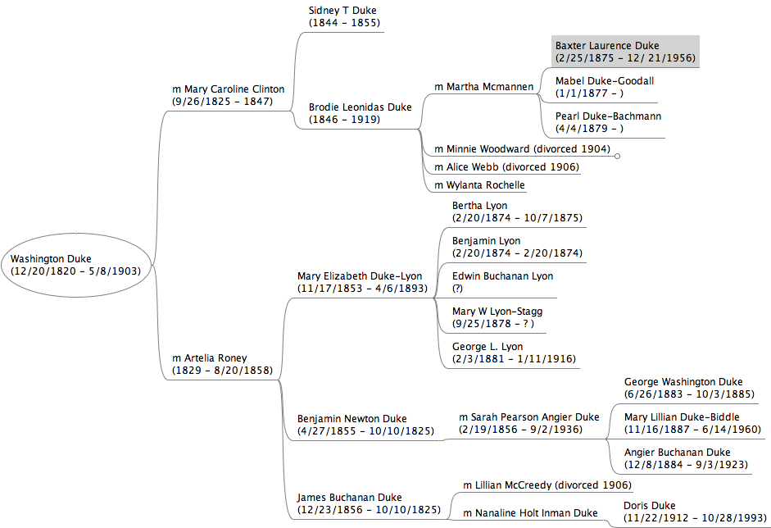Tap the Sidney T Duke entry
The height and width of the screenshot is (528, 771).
344,16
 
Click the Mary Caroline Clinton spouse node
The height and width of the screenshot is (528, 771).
228,95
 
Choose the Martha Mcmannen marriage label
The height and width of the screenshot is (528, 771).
483,86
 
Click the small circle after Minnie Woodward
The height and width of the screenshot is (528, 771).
617,155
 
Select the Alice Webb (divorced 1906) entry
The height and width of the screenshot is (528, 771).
506,167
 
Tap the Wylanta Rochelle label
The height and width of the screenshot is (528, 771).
479,185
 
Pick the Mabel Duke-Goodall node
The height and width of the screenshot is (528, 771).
605,87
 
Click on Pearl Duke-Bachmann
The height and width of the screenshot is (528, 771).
608,122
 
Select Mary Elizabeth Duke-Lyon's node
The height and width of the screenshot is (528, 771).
359,282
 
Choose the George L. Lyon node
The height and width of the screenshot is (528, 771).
514,353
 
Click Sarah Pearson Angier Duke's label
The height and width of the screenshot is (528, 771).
528,423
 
